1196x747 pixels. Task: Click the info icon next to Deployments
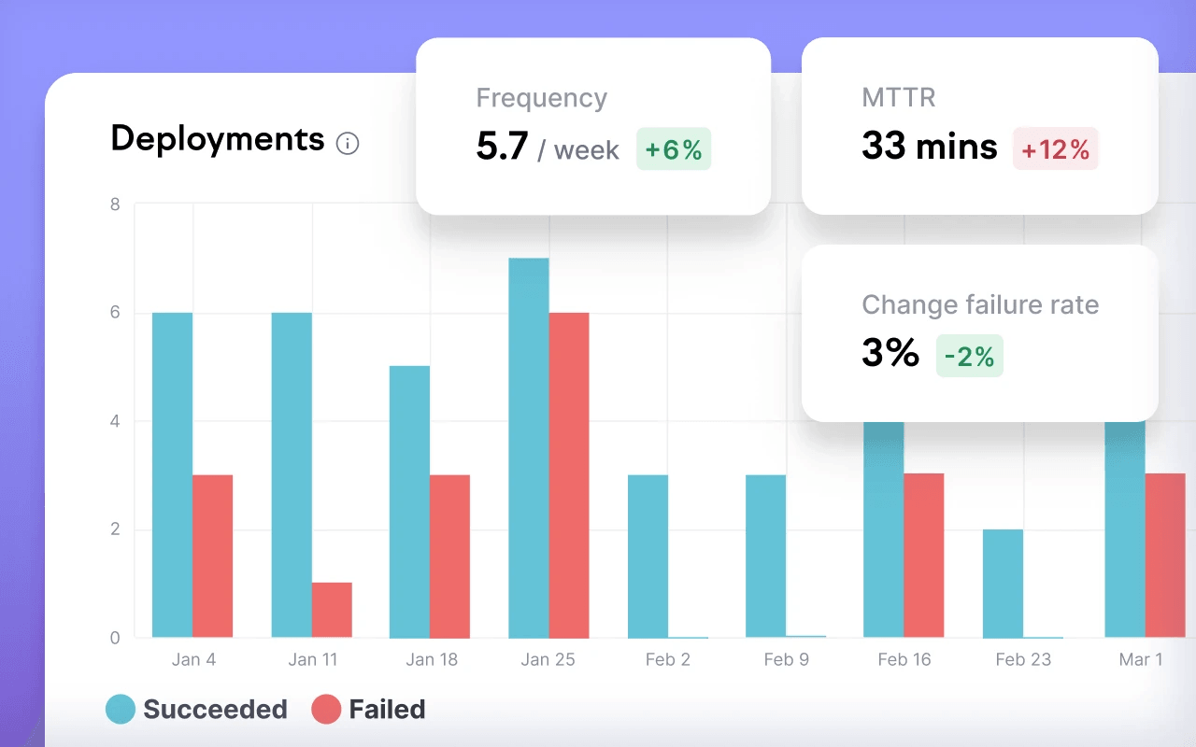pyautogui.click(x=348, y=144)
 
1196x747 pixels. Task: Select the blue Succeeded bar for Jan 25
pyautogui.click(x=529, y=448)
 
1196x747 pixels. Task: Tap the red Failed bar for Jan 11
pyautogui.click(x=332, y=610)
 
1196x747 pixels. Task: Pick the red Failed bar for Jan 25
pyautogui.click(x=569, y=475)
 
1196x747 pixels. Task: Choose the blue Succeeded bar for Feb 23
pyautogui.click(x=1003, y=584)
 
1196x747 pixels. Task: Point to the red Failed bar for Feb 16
pyautogui.click(x=923, y=556)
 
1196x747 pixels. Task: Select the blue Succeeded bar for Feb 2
pyautogui.click(x=648, y=556)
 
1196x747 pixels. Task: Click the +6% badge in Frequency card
pyautogui.click(x=674, y=149)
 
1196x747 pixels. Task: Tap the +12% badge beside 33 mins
pyautogui.click(x=1055, y=149)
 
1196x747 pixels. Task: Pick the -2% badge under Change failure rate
pyautogui.click(x=969, y=356)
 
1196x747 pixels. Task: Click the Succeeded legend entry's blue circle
pyautogui.click(x=121, y=710)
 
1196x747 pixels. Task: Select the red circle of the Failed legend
pyautogui.click(x=326, y=710)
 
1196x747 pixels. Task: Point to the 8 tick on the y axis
pyautogui.click(x=115, y=204)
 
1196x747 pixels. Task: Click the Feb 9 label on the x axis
pyautogui.click(x=786, y=659)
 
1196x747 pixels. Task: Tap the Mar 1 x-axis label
pyautogui.click(x=1141, y=659)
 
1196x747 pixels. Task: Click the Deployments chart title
pyautogui.click(x=218, y=139)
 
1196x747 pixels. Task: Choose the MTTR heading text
pyautogui.click(x=898, y=97)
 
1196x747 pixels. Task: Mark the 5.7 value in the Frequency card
pyautogui.click(x=503, y=148)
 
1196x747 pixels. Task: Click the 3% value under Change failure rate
pyautogui.click(x=890, y=354)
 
